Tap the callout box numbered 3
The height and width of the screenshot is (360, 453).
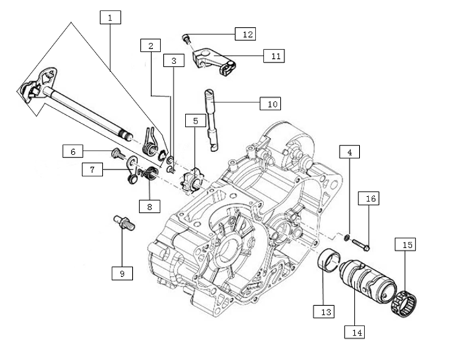click(x=173, y=61)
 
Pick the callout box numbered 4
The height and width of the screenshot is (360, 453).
click(x=350, y=152)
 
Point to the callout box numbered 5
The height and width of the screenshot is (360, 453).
click(x=195, y=120)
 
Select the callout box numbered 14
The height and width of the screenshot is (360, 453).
click(x=357, y=332)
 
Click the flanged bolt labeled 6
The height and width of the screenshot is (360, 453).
click(x=118, y=153)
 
